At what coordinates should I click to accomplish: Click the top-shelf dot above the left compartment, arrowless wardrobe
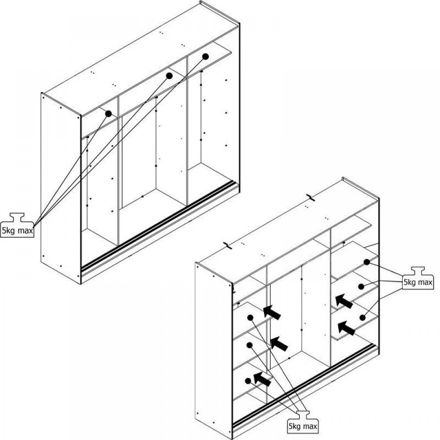109,114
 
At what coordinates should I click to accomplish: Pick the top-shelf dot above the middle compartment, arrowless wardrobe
169,76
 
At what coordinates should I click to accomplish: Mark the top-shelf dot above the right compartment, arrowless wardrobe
205,56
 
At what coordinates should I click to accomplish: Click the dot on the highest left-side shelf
250,318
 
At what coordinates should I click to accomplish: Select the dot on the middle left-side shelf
249,345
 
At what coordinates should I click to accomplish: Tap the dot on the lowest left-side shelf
248,381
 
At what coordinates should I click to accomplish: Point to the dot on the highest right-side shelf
367,262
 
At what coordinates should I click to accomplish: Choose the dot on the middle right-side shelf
361,286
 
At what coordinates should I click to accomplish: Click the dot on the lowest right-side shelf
362,318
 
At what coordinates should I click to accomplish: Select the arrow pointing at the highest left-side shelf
272,312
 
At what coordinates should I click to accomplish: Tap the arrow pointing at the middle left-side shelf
279,343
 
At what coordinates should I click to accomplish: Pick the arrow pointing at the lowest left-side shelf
263,379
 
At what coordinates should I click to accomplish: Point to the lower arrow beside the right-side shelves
346,328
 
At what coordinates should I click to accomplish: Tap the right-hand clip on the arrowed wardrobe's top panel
311,197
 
